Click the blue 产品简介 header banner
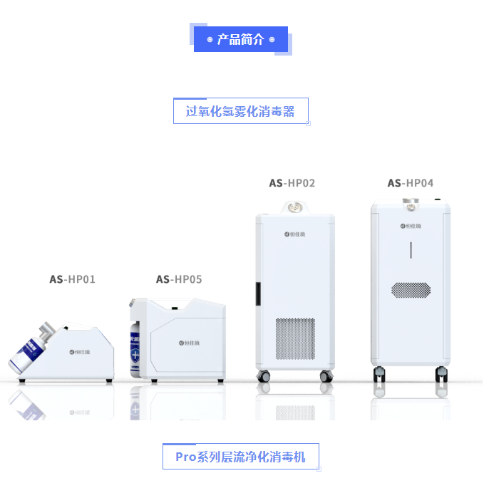pyautogui.click(x=240, y=39)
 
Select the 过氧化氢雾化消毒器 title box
pyautogui.click(x=240, y=111)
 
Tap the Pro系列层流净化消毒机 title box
pyautogui.click(x=240, y=457)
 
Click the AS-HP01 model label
pyautogui.click(x=72, y=279)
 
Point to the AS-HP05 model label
pyautogui.click(x=179, y=279)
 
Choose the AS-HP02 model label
pyautogui.click(x=292, y=183)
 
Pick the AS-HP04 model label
pyautogui.click(x=410, y=183)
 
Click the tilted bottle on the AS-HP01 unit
pyautogui.click(x=33, y=349)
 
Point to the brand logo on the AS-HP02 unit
pyautogui.click(x=294, y=233)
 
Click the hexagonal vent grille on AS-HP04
pyautogui.click(x=411, y=290)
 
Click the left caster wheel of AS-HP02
pyautogui.click(x=264, y=375)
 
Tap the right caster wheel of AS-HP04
pyautogui.click(x=442, y=373)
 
